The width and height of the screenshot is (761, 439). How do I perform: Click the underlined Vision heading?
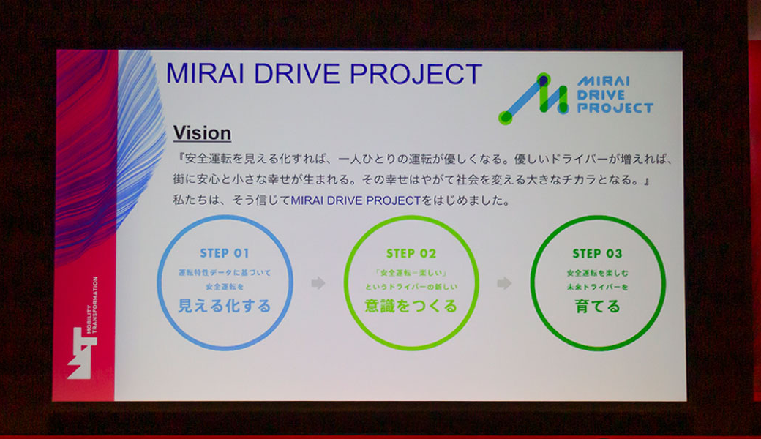point(202,133)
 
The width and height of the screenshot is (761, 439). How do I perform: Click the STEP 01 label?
point(225,254)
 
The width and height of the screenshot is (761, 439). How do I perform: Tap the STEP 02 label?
point(411,254)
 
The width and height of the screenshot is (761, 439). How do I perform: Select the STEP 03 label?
point(597,254)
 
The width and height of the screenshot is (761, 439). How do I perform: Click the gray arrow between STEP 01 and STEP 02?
point(318,283)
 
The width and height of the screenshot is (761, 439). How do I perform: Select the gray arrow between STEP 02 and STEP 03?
point(504,283)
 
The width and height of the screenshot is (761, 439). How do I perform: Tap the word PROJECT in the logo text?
point(615,108)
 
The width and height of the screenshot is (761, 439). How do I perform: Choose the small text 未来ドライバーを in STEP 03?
point(597,288)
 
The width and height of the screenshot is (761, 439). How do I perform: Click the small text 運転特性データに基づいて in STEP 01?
point(225,272)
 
